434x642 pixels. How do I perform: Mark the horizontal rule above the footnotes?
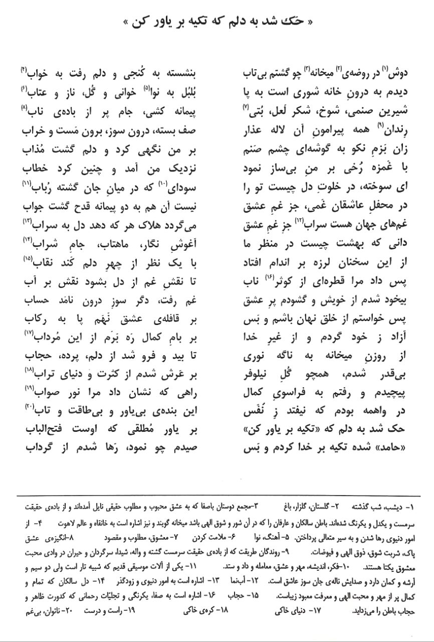(x=216, y=495)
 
